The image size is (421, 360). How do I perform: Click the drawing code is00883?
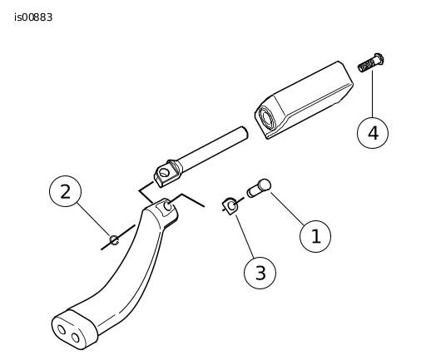click(33, 17)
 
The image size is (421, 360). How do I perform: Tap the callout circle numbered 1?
click(315, 236)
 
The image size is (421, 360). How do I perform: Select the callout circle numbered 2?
click(66, 191)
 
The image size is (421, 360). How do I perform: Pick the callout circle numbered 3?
click(260, 273)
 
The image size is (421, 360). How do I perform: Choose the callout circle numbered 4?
click(373, 132)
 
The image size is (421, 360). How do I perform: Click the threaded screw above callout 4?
click(371, 63)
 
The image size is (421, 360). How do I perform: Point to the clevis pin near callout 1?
click(259, 188)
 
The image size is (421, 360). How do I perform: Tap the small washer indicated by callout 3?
click(230, 206)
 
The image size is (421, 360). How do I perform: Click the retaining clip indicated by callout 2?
click(114, 240)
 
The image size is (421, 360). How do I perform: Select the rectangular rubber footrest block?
click(304, 100)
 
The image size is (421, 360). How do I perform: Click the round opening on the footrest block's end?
click(266, 120)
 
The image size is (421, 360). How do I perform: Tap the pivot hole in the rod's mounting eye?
click(164, 173)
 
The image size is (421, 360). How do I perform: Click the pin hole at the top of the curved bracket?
click(168, 206)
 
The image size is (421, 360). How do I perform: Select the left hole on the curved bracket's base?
click(62, 329)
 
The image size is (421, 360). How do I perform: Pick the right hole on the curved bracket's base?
click(75, 338)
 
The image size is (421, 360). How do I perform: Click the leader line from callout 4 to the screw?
click(373, 94)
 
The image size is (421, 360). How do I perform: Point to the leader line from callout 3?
click(245, 236)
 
